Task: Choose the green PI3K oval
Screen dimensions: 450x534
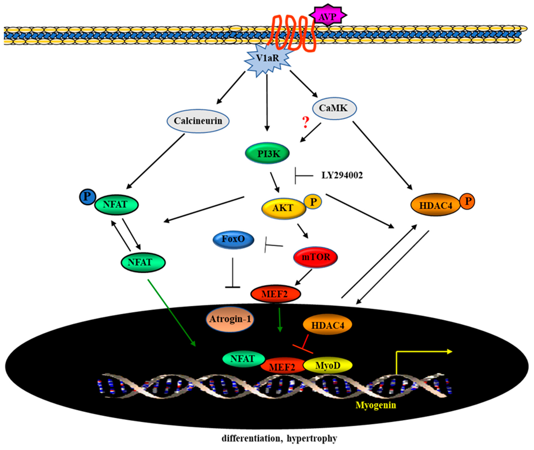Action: pyautogui.click(x=267, y=154)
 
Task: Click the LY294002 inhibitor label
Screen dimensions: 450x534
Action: pyautogui.click(x=342, y=175)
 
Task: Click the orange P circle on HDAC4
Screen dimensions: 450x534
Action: pyautogui.click(x=467, y=201)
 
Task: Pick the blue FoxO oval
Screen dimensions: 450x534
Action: pyautogui.click(x=233, y=239)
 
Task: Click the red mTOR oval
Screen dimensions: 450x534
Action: pyautogui.click(x=316, y=257)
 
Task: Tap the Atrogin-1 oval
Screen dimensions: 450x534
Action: pyautogui.click(x=230, y=319)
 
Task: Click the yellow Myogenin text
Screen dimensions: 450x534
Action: pyautogui.click(x=376, y=405)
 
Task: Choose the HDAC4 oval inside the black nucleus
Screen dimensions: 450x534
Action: pyautogui.click(x=327, y=325)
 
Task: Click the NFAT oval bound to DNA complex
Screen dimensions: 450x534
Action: pyautogui.click(x=243, y=359)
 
